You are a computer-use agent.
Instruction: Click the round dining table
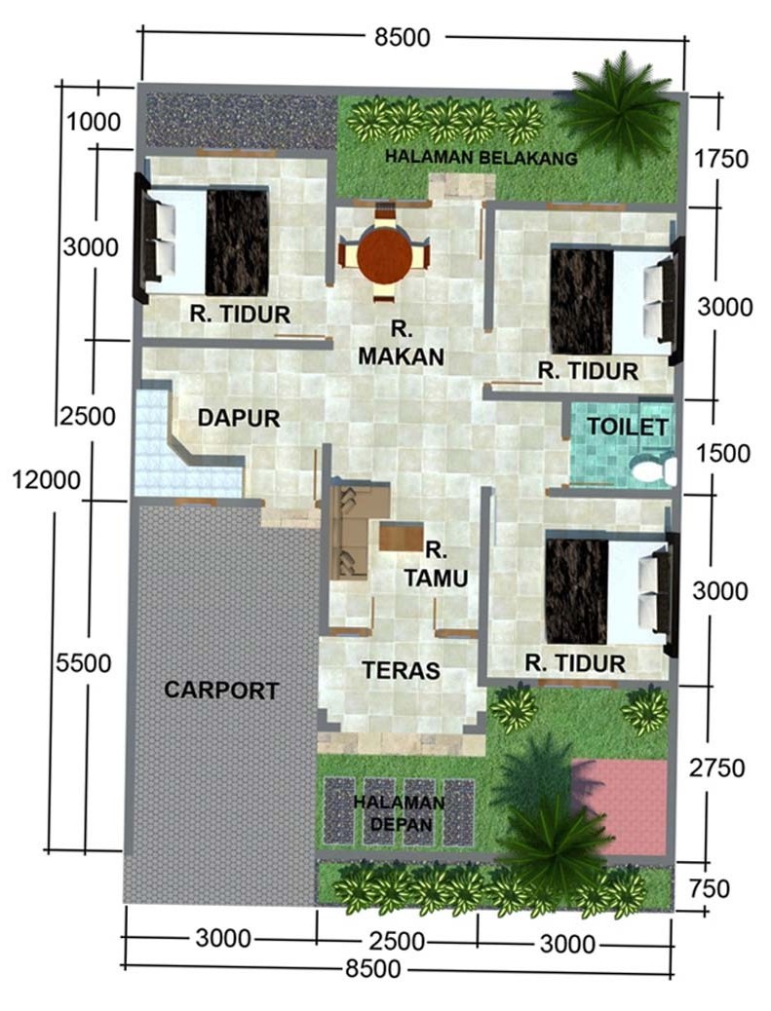click(x=385, y=256)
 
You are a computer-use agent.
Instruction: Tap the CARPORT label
click(x=221, y=691)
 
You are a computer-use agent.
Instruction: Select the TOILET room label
click(x=627, y=427)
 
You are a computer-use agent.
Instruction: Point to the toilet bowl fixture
click(x=653, y=468)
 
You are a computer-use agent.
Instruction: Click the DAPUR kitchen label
click(x=239, y=418)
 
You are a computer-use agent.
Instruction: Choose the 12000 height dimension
click(x=47, y=480)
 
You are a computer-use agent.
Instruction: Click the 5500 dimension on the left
click(x=83, y=663)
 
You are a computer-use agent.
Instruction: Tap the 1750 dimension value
click(x=721, y=159)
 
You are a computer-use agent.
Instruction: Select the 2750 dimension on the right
click(x=716, y=768)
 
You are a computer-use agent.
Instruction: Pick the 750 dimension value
click(x=709, y=888)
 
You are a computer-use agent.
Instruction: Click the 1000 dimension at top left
click(x=94, y=121)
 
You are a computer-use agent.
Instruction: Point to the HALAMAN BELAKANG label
click(x=481, y=158)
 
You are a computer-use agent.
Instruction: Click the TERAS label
click(x=401, y=670)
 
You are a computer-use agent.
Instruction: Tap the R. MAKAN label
click(x=401, y=343)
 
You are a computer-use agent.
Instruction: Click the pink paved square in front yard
click(x=619, y=806)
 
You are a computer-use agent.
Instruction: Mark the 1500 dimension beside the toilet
click(x=722, y=453)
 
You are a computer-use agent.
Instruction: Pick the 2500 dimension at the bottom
click(x=397, y=942)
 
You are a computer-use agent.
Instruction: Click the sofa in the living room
click(x=349, y=532)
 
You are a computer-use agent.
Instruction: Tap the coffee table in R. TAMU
click(x=400, y=537)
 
